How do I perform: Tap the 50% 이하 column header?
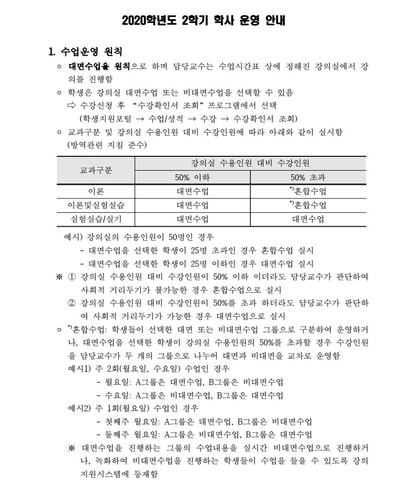point(192,177)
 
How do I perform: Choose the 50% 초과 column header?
point(308,177)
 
